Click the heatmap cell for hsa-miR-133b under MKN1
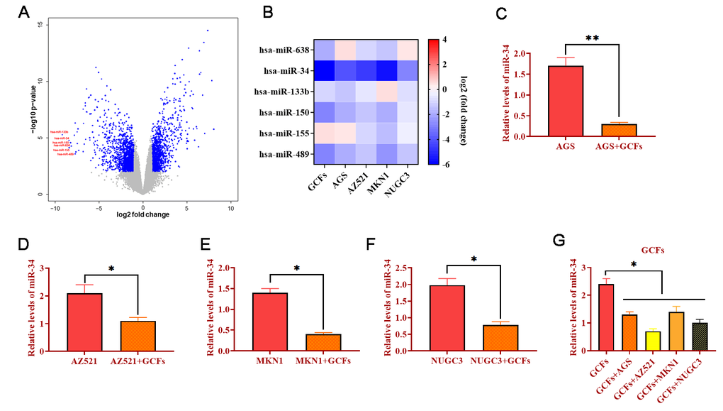(x=386, y=92)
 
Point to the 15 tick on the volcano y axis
(x=41, y=25)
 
